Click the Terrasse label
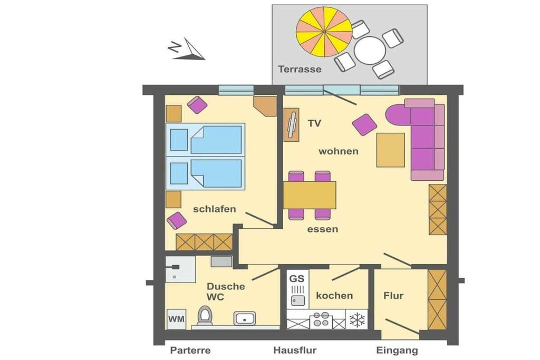coord(300,69)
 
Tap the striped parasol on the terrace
coord(324,32)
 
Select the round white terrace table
coord(370,50)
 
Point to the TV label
coord(314,123)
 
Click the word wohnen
coord(338,151)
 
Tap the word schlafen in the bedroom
coord(214,209)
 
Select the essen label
coord(322,229)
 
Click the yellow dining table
coord(310,195)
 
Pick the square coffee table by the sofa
coord(391,150)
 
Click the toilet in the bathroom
coord(205,316)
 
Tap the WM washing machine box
coord(176,319)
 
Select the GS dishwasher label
coord(296,278)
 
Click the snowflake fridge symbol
coord(357,320)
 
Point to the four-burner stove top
coord(321,320)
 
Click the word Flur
coord(393,296)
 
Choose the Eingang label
coord(397,351)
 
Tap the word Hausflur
coord(295,351)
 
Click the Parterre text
coord(190,351)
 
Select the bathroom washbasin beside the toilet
coord(245,318)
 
